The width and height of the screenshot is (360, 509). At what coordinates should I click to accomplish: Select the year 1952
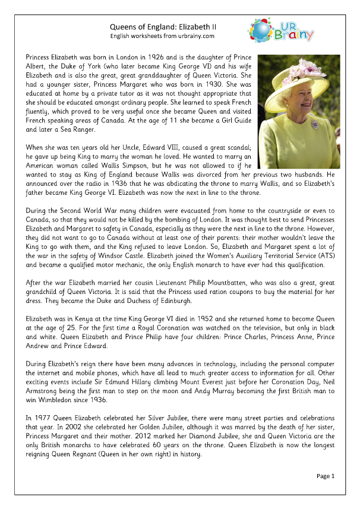pos(198,318)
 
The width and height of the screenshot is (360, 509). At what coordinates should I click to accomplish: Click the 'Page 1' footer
pos(326,476)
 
